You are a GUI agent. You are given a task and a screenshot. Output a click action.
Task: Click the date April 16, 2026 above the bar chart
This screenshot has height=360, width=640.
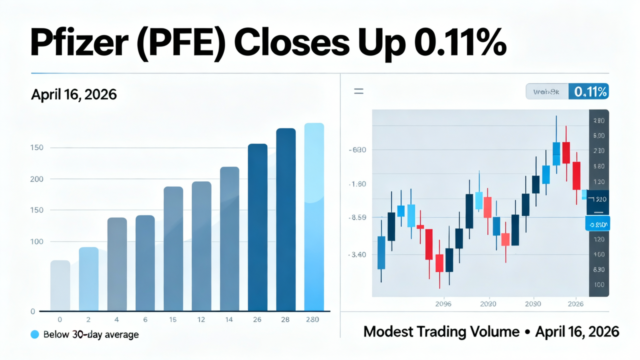[x=73, y=94]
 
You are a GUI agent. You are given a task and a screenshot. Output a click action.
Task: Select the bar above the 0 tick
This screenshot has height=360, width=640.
[x=60, y=285]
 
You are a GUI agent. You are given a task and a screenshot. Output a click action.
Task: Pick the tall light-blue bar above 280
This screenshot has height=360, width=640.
[x=314, y=217]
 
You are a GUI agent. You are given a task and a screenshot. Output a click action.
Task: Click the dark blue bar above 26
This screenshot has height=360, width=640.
[x=257, y=227]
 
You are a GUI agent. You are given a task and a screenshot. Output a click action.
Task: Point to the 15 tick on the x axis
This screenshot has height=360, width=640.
[x=173, y=319]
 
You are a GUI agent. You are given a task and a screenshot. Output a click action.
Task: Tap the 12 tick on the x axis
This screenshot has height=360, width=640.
[x=201, y=319]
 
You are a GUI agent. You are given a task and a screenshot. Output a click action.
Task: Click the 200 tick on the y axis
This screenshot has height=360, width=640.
[x=36, y=179]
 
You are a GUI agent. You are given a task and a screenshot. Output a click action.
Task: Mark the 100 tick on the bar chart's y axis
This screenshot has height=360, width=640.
[x=36, y=241]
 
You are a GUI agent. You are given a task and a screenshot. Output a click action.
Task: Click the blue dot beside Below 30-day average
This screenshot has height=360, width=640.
[x=34, y=334]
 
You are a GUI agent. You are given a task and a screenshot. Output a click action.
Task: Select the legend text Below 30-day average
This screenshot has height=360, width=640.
[x=91, y=334]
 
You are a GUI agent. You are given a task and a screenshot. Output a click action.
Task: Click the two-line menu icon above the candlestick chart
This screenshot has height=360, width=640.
[x=358, y=91]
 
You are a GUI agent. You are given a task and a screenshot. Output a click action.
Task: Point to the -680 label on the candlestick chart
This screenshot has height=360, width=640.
[x=357, y=150]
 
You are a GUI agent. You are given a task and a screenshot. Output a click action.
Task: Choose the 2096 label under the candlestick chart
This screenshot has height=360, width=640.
[x=443, y=303]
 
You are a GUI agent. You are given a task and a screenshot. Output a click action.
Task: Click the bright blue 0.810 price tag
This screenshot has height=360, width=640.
[x=598, y=225]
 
